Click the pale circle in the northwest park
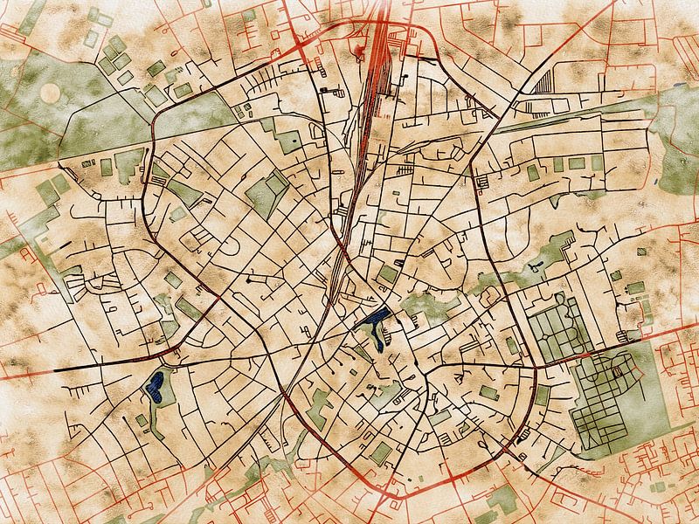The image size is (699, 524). (50, 92)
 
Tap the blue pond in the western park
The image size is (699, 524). (157, 385)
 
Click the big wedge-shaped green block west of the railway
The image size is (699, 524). (264, 193)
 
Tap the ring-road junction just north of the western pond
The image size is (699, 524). (168, 355)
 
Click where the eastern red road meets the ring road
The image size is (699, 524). (534, 367)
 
